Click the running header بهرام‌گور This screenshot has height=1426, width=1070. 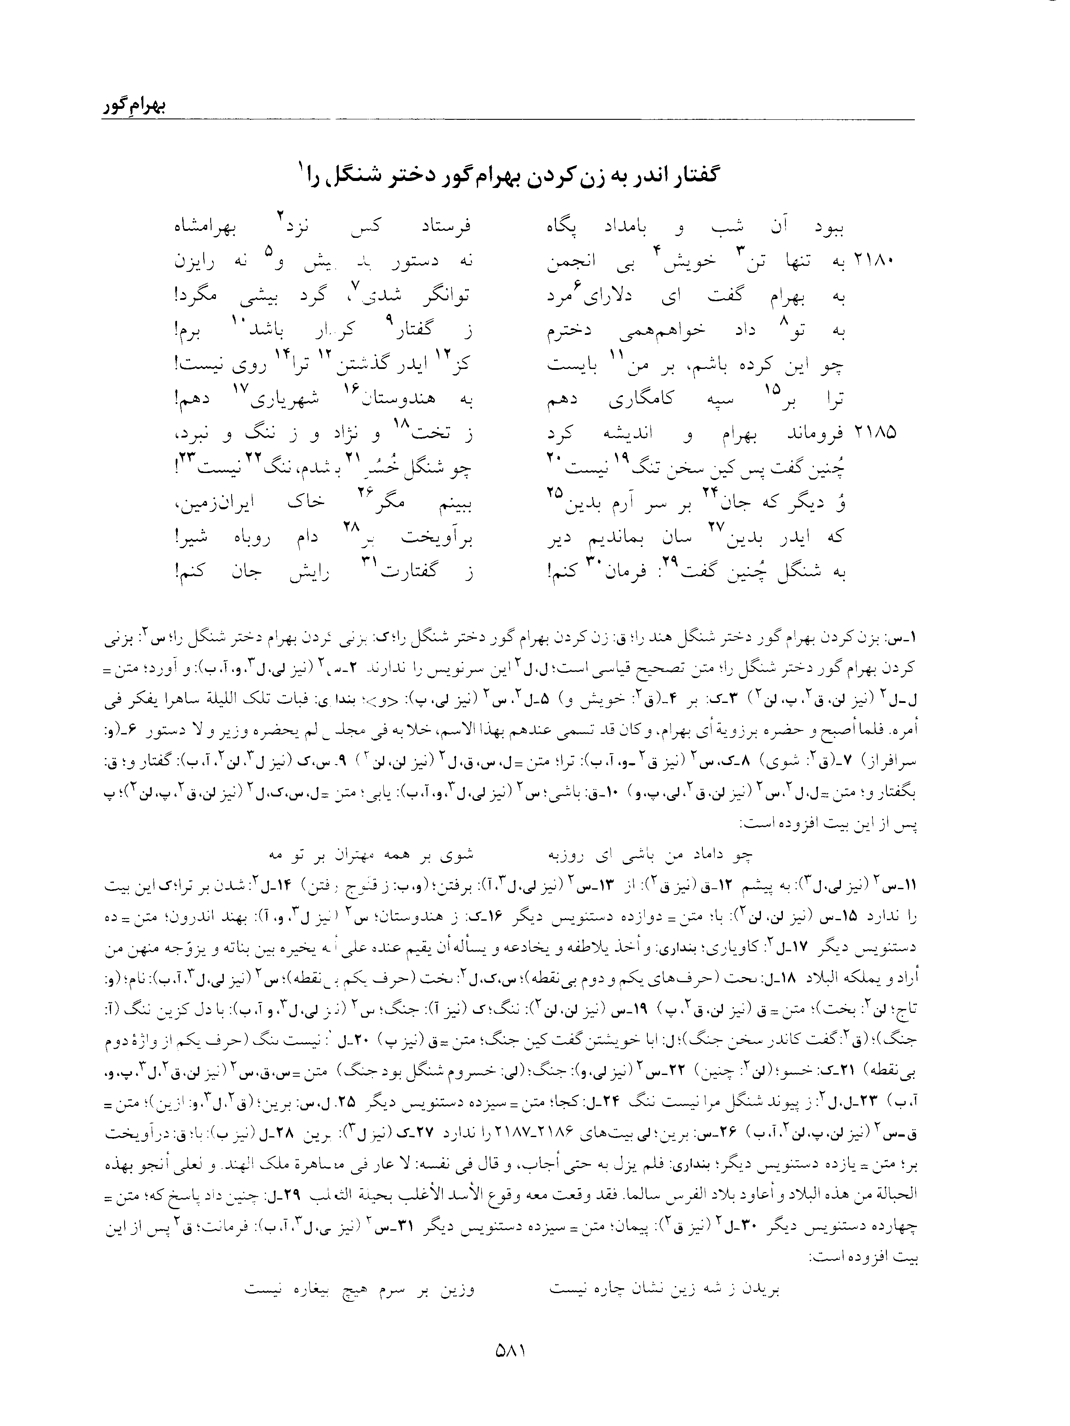pyautogui.click(x=133, y=107)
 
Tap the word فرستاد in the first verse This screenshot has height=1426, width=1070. pyautogui.click(x=445, y=227)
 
